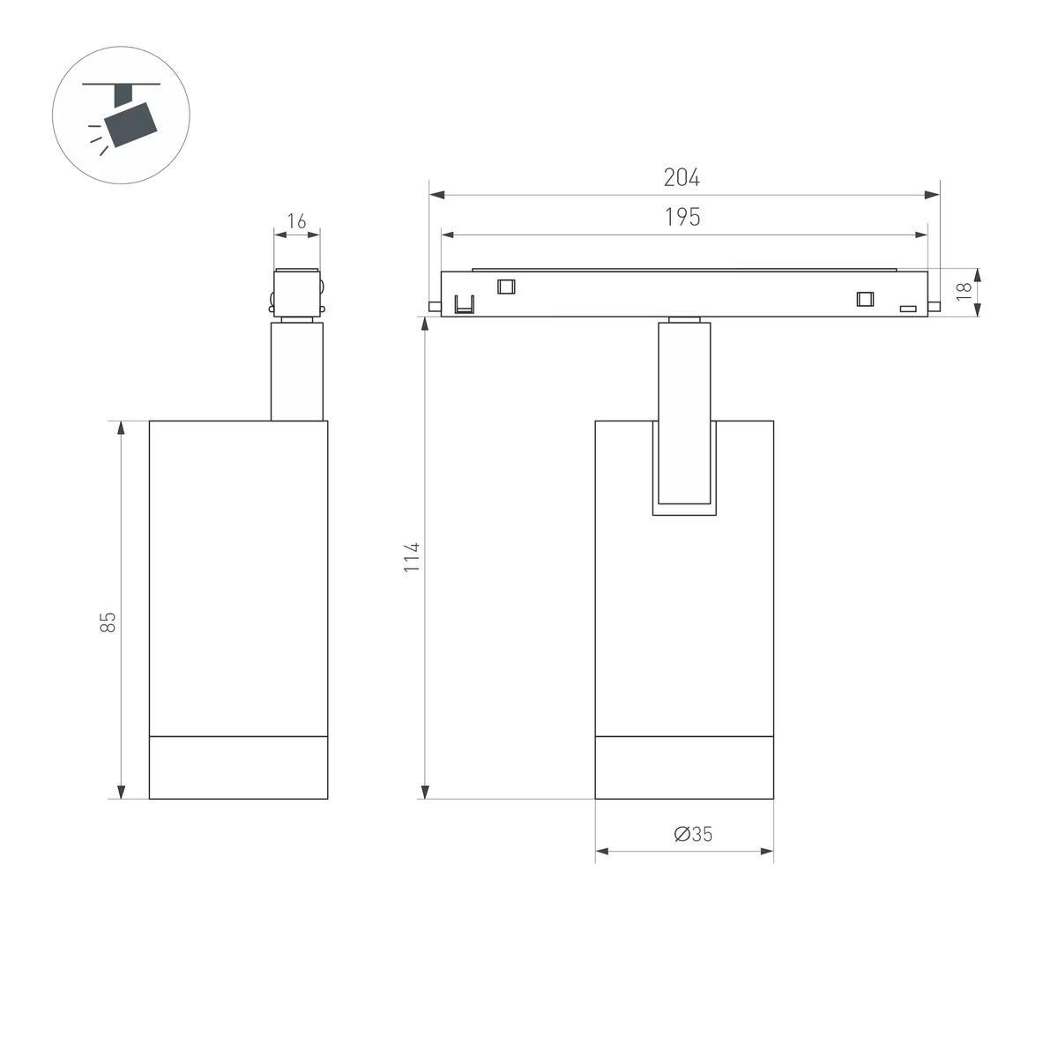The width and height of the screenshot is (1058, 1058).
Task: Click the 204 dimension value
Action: coord(682,177)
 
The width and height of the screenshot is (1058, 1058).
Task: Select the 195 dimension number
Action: coord(682,218)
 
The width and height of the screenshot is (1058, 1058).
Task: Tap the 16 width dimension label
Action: coord(296,221)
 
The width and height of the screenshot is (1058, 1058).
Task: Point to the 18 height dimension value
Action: coord(965,291)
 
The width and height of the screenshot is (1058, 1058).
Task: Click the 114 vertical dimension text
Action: coord(412,557)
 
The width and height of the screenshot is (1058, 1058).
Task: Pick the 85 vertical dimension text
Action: coord(108,622)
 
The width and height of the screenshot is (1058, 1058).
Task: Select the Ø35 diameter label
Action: coord(693,834)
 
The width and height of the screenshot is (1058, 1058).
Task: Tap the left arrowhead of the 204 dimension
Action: coord(437,195)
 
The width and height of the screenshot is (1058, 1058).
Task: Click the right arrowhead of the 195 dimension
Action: coord(920,235)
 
